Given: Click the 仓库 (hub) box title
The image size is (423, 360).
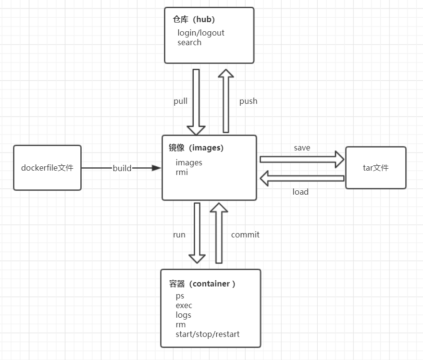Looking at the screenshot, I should point(194,20).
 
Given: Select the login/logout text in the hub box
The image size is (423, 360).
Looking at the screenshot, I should point(200,33).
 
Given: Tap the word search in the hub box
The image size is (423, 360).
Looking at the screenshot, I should point(189,42).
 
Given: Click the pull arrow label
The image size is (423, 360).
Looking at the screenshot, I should point(180,101).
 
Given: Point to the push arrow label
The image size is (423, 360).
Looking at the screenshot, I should point(248,101).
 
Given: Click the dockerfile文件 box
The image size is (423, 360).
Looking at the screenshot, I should point(47,168).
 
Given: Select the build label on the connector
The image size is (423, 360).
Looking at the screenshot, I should point(122,168).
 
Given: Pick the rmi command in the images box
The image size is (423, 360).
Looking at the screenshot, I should point(182,172).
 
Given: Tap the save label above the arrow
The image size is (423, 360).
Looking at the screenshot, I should point(302,148).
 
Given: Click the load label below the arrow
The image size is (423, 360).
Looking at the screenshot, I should point(300,192).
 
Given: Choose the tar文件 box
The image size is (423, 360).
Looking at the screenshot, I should point(375,168).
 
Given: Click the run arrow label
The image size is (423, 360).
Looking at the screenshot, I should point(179,235).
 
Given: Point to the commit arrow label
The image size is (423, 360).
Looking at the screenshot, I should point(245,235).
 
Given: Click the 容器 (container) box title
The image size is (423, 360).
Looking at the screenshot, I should point(202,284).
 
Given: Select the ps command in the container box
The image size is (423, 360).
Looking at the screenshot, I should point(180,296).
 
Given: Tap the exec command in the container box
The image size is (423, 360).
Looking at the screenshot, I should point(184,305).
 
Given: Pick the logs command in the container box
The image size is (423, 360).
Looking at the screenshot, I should point(183,315).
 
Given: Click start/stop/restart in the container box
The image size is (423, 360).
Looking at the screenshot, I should point(207,334).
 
